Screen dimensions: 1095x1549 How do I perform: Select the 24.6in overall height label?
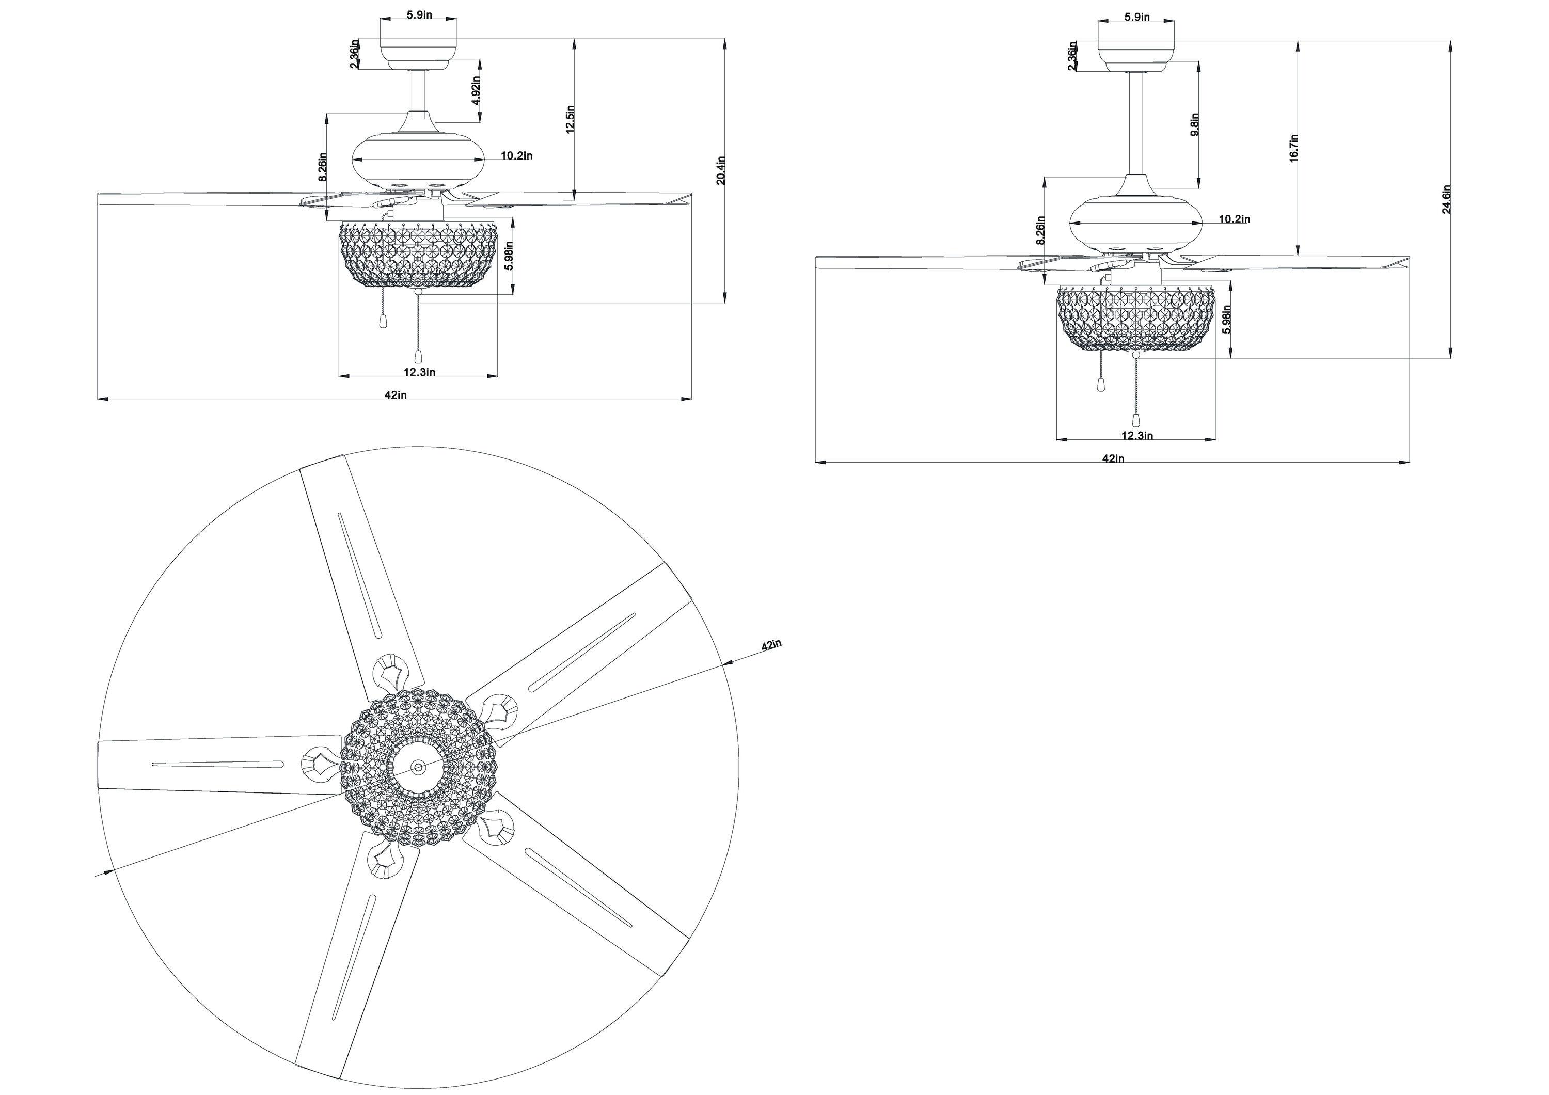coord(1446,199)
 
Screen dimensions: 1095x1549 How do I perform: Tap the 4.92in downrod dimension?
coord(476,89)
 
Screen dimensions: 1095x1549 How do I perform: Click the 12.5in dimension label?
coord(570,119)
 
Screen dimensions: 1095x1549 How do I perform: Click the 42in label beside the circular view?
coord(771,644)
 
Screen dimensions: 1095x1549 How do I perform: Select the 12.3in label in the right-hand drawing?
coord(1137,435)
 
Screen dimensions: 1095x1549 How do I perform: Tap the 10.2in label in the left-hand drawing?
coord(517,156)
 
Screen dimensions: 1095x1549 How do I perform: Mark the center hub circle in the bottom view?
coord(418,767)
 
